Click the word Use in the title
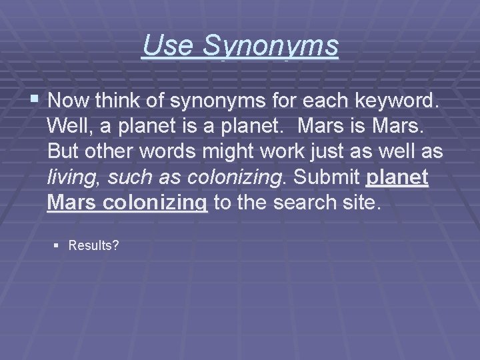[x=162, y=46]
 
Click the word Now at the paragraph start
[x=67, y=101]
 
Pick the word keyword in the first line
[x=403, y=101]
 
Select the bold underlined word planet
[x=397, y=177]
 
